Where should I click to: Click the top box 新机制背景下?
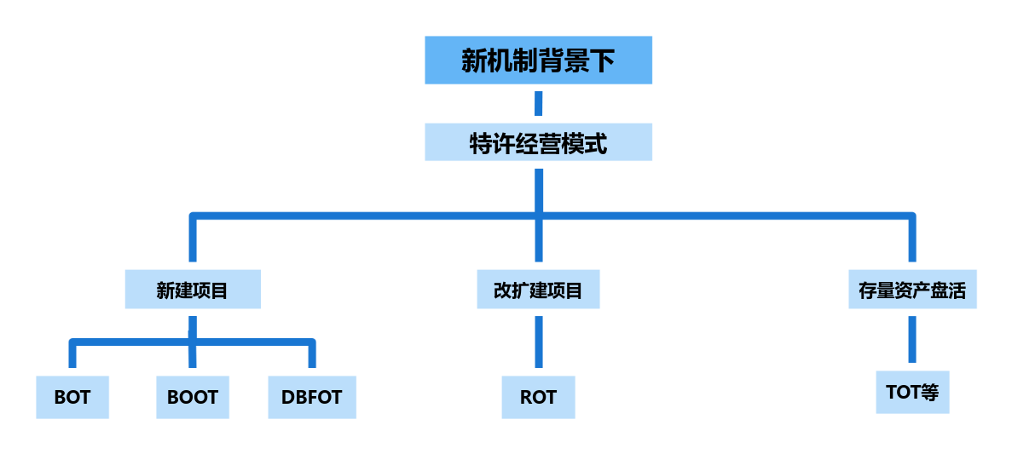pos(538,60)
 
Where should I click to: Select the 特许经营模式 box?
pos(538,143)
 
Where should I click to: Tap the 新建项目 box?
pos(192,290)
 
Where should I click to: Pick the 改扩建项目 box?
pos(538,290)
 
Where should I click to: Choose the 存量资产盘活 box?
pos(911,290)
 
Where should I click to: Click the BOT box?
pos(72,397)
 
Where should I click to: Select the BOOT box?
pos(192,397)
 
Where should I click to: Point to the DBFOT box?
pos(311,397)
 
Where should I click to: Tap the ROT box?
pos(538,397)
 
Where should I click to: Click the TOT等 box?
pos(911,393)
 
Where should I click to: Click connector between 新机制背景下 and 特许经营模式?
pos(538,104)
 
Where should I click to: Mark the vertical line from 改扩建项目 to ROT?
pos(538,342)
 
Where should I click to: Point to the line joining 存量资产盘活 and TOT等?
pos(911,340)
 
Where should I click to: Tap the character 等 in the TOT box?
pos(929,393)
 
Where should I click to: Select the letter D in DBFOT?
pos(287,397)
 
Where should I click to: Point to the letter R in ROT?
pos(526,397)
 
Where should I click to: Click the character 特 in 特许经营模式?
pos(481,144)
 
